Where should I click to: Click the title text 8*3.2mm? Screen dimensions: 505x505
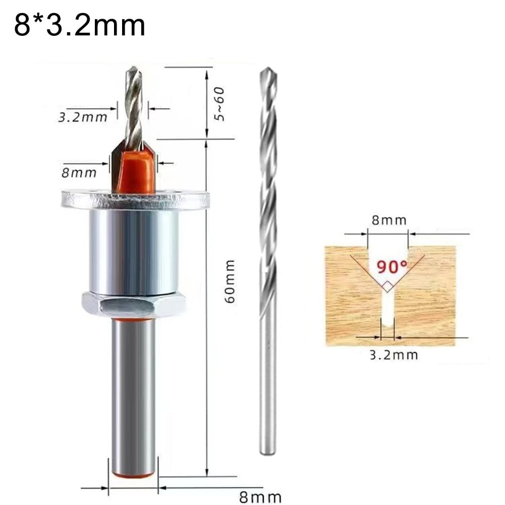80,26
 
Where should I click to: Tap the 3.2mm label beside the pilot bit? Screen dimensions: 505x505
83,118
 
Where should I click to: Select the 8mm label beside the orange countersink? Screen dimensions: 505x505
79,173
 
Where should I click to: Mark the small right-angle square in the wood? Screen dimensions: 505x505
387,287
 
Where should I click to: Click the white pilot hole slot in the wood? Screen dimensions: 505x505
387,313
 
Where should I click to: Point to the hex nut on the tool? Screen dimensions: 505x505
134,305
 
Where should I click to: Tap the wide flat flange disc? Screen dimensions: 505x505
135,199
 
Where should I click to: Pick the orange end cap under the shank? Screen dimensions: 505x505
134,474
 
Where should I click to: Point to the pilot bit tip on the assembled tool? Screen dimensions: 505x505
132,71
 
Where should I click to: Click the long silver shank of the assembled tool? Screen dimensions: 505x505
134,394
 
